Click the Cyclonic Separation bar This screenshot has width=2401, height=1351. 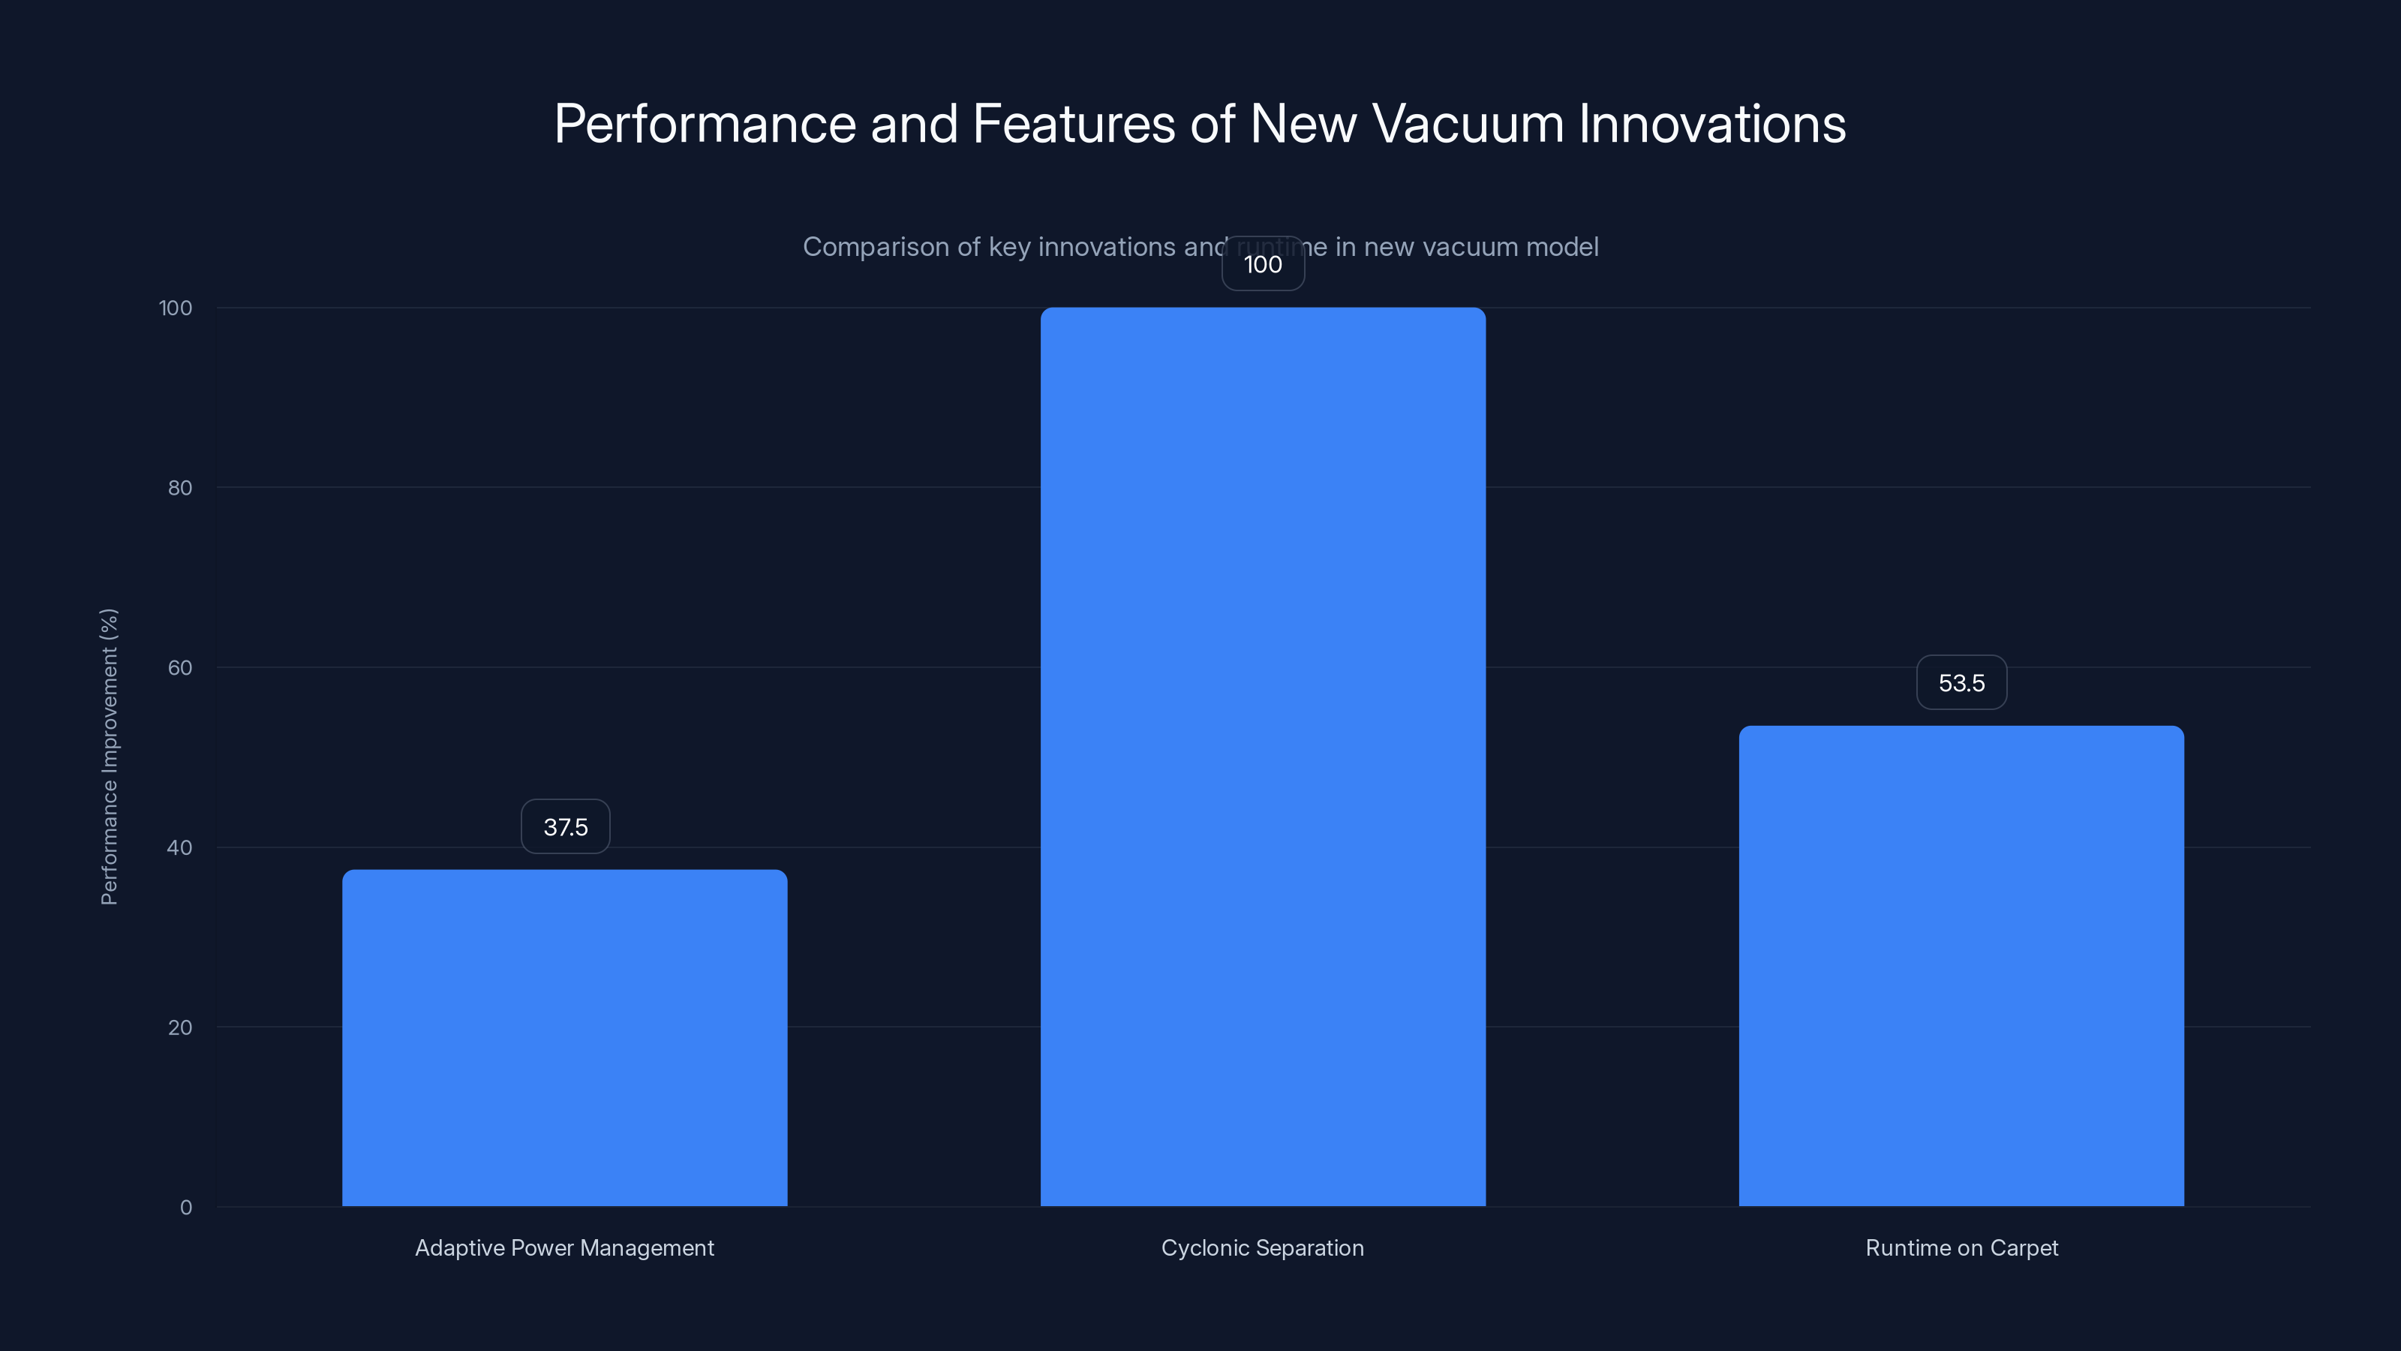(1262, 756)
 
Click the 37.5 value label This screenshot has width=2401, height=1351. (565, 827)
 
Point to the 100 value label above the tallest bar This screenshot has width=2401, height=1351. (1263, 265)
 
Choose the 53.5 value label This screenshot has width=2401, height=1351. (1961, 684)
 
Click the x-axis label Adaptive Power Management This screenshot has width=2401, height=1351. (564, 1247)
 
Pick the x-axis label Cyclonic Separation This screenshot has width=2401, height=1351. (1262, 1247)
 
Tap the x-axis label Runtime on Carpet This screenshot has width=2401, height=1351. (1961, 1247)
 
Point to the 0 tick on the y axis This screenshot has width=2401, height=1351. (185, 1208)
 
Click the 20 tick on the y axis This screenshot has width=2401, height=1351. (180, 1028)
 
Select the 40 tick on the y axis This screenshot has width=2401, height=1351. (180, 847)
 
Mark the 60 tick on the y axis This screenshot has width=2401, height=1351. (180, 667)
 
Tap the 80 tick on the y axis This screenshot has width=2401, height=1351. (180, 488)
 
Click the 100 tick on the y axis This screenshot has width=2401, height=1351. (176, 308)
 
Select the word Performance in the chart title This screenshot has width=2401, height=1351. (705, 124)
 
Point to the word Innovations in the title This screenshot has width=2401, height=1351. (1711, 124)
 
